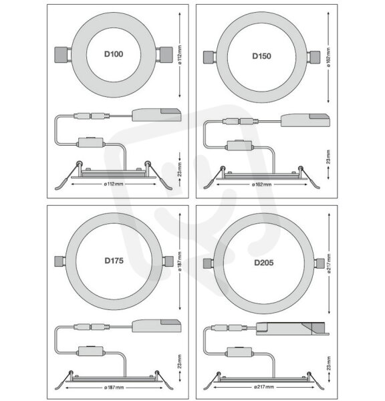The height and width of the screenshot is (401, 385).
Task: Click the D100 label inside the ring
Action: (x=114, y=54)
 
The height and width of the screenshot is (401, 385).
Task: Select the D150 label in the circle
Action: (x=262, y=56)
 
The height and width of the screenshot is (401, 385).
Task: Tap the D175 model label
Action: (x=114, y=261)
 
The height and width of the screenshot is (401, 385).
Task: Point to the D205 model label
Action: (x=264, y=263)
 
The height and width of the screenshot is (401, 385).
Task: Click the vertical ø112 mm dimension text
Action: (x=180, y=55)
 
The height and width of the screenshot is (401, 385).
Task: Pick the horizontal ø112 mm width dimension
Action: (x=114, y=184)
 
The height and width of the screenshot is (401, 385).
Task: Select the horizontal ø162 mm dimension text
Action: (x=261, y=184)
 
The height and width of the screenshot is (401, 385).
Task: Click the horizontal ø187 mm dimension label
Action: (x=114, y=388)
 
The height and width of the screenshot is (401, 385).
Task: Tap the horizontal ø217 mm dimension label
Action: (x=264, y=387)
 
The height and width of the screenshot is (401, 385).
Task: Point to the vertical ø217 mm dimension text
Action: (x=329, y=263)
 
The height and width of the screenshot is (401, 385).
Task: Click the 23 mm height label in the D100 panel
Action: (x=180, y=169)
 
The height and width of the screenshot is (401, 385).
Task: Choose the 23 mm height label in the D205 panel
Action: (x=329, y=364)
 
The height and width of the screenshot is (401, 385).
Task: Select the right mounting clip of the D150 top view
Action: (x=313, y=57)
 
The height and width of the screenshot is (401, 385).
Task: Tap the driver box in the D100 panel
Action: (x=156, y=115)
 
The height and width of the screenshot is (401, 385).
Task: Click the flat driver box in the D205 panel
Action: (x=292, y=329)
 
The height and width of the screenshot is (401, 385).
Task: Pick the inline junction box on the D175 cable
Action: (x=91, y=352)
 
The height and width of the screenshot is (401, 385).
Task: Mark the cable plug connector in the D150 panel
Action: (x=241, y=121)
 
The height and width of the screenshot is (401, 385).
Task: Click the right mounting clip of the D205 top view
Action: (x=319, y=263)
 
